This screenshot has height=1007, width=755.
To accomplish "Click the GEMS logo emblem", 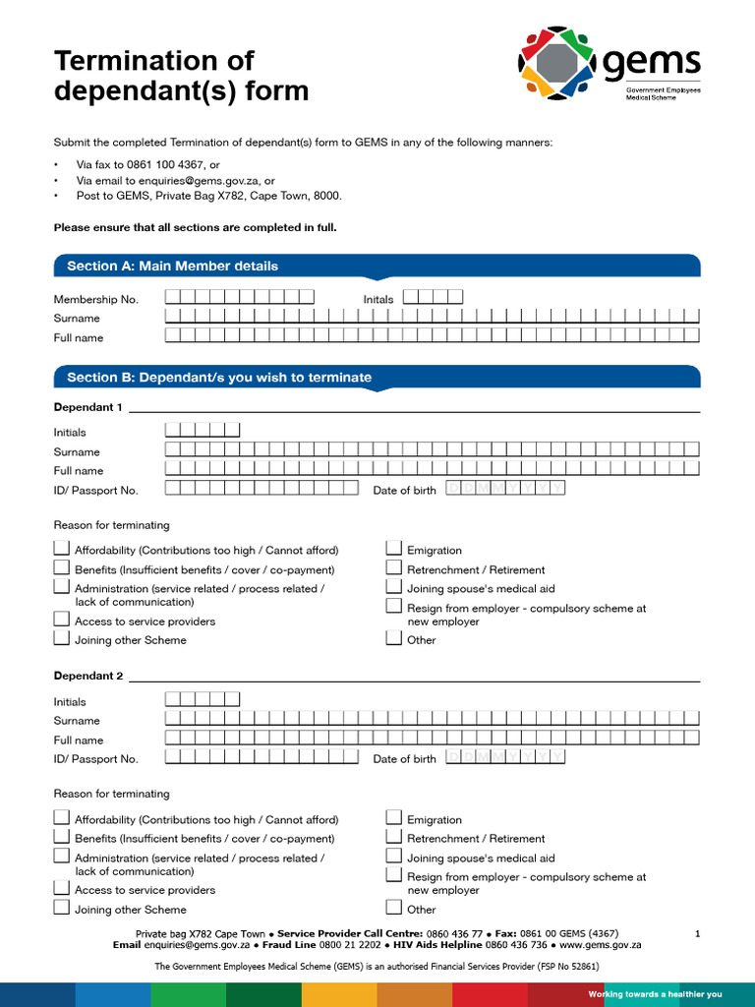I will [x=556, y=63].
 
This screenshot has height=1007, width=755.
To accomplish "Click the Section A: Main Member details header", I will [x=172, y=266].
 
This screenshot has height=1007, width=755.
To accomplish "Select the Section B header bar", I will [x=219, y=378].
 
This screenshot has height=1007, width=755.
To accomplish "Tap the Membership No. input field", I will [x=239, y=297].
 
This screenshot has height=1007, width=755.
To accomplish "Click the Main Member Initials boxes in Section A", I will [x=433, y=297].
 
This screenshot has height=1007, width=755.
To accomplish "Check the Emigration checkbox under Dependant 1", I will [x=393, y=549].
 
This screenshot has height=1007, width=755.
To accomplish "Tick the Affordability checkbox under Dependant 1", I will [x=61, y=549].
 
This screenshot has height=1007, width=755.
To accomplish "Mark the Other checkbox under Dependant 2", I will [x=393, y=908].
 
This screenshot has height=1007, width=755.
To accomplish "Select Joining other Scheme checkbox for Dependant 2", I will [x=61, y=908].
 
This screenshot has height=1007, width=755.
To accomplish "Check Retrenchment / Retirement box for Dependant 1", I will [x=393, y=568].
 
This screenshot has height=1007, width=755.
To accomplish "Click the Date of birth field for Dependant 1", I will [x=505, y=489].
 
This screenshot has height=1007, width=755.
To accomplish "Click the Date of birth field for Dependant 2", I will [x=505, y=757].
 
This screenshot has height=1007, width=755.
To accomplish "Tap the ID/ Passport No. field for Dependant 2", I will [x=261, y=757].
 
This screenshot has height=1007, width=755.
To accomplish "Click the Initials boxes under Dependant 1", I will [x=203, y=430].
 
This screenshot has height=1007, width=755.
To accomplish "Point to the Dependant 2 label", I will [x=88, y=677].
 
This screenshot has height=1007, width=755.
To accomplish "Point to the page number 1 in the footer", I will [x=697, y=933].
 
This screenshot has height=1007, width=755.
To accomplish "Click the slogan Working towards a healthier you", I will [x=655, y=994].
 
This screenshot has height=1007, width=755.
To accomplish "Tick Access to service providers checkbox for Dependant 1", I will [x=61, y=620].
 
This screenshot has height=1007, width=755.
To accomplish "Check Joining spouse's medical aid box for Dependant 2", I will [x=393, y=857].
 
